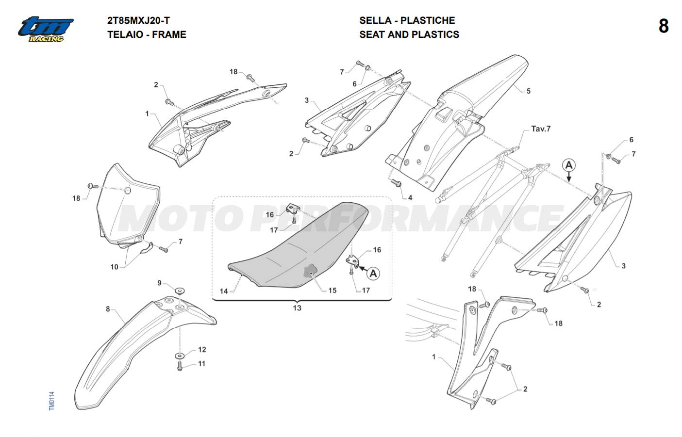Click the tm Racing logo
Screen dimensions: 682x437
(x=46, y=29)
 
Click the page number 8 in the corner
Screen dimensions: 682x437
(x=664, y=27)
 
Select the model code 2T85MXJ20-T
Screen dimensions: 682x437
(x=138, y=20)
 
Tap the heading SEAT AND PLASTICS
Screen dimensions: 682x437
(x=409, y=34)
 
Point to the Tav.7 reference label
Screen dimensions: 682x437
(x=541, y=129)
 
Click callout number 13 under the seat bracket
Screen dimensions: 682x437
(x=297, y=308)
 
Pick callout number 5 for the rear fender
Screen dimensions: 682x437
(x=529, y=91)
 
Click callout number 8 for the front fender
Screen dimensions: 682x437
(x=108, y=309)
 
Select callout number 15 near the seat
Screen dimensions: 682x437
(x=333, y=291)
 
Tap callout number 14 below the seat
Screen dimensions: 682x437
(x=224, y=291)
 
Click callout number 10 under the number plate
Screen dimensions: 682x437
(x=114, y=267)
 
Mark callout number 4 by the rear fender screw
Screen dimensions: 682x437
(x=410, y=198)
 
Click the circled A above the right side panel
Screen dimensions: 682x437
(x=569, y=165)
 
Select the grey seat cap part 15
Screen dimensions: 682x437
(x=311, y=271)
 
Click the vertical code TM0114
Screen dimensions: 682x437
(x=52, y=401)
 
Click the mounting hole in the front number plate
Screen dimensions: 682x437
(x=127, y=191)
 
